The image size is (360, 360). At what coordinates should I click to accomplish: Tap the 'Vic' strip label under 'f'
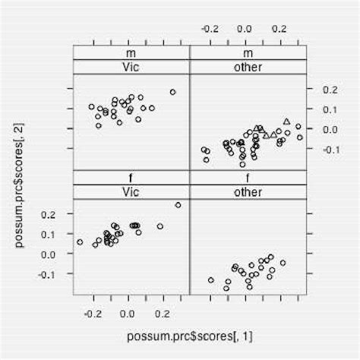(131, 191)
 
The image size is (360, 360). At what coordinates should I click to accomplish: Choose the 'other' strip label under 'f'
(245, 191)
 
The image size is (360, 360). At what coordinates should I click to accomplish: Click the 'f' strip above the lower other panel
(245, 178)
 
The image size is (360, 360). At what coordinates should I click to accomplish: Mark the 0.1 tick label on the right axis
(329, 109)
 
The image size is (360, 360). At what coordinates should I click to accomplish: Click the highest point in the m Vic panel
(172, 92)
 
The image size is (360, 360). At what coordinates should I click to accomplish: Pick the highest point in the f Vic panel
(178, 205)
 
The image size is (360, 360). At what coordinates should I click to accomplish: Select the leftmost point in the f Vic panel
(80, 242)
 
